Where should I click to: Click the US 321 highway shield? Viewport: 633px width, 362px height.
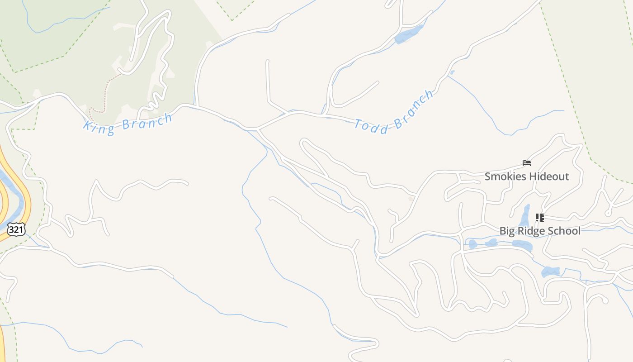(x=16, y=229)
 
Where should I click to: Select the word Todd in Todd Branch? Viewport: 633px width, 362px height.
(x=371, y=127)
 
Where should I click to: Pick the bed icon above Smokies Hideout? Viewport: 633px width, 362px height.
(x=526, y=163)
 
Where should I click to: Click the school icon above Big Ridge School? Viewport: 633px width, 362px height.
(x=539, y=218)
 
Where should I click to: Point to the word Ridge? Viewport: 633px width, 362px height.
(x=531, y=231)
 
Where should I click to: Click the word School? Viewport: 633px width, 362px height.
(x=563, y=231)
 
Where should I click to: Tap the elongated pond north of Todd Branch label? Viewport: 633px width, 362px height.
(x=409, y=35)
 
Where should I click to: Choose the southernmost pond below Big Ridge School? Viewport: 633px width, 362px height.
(x=551, y=272)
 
